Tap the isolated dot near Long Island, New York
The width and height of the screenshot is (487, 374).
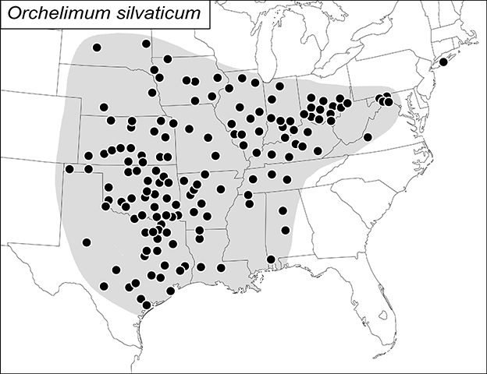tap(443, 62)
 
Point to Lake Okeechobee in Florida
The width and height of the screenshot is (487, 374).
tap(382, 316)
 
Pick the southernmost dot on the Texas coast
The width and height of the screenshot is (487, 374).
tap(147, 305)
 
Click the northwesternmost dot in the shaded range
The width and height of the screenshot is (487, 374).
tap(97, 48)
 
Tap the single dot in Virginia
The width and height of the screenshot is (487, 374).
tap(368, 137)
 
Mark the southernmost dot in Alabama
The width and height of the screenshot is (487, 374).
tap(271, 259)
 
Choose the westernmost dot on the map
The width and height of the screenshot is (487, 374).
tap(69, 168)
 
